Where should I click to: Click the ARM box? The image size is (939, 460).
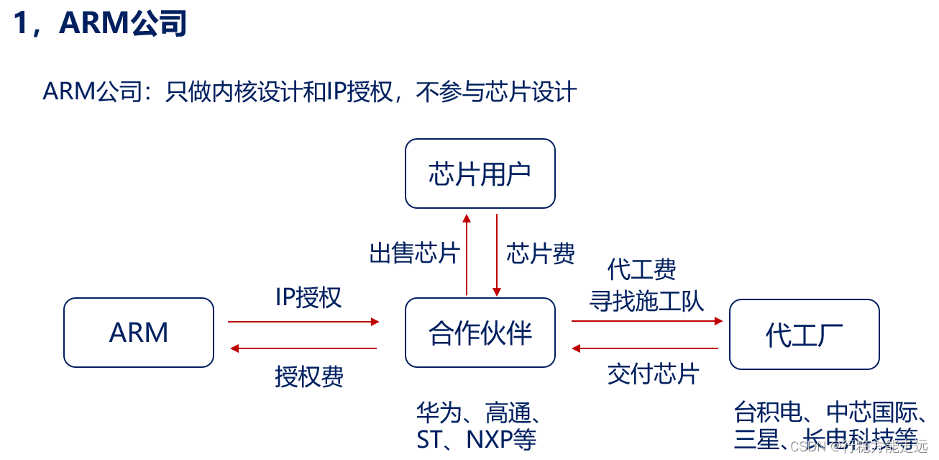point(139,333)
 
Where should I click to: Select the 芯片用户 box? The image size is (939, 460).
point(480,173)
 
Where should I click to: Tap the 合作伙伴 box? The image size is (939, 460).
point(480,333)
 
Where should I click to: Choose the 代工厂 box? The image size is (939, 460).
point(804,334)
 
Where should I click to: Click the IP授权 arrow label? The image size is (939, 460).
point(308,297)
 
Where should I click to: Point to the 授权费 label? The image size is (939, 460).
point(309,376)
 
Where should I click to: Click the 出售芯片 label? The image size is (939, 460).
point(414,253)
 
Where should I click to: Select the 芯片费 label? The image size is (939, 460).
point(541,253)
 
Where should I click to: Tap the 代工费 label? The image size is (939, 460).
point(642,270)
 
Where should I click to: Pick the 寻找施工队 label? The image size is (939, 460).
point(646,299)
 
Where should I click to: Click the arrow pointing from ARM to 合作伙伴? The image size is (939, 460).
point(303,322)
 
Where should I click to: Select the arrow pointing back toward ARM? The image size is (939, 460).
point(303,348)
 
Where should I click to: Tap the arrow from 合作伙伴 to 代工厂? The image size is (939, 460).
point(647,321)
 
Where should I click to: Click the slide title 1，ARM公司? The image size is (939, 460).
point(100,24)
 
